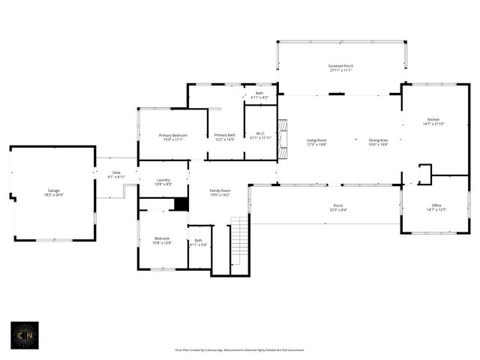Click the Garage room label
click(x=54, y=193)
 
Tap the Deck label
click(x=116, y=175)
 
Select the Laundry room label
click(x=163, y=182)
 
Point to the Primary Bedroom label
click(x=172, y=137)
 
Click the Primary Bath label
click(x=225, y=137)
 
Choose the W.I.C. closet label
click(x=260, y=136)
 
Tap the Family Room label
click(x=220, y=193)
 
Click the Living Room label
click(x=316, y=142)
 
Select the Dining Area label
click(x=378, y=142)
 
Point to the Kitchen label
click(x=433, y=121)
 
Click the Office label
click(x=436, y=207)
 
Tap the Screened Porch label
click(x=340, y=68)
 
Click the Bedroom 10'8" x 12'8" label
click(x=162, y=241)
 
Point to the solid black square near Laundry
click(x=180, y=203)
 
